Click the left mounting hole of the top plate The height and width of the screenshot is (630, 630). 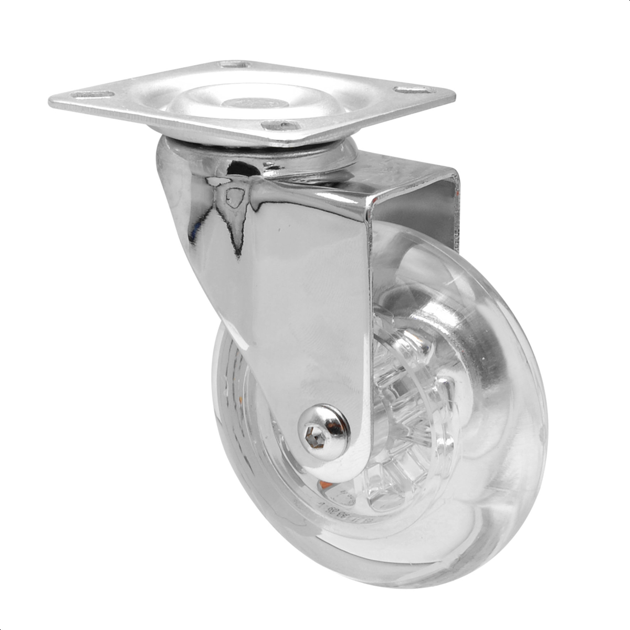tap(93, 95)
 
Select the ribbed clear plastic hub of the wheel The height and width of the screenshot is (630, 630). tap(404, 415)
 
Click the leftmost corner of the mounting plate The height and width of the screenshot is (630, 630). tap(50, 101)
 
